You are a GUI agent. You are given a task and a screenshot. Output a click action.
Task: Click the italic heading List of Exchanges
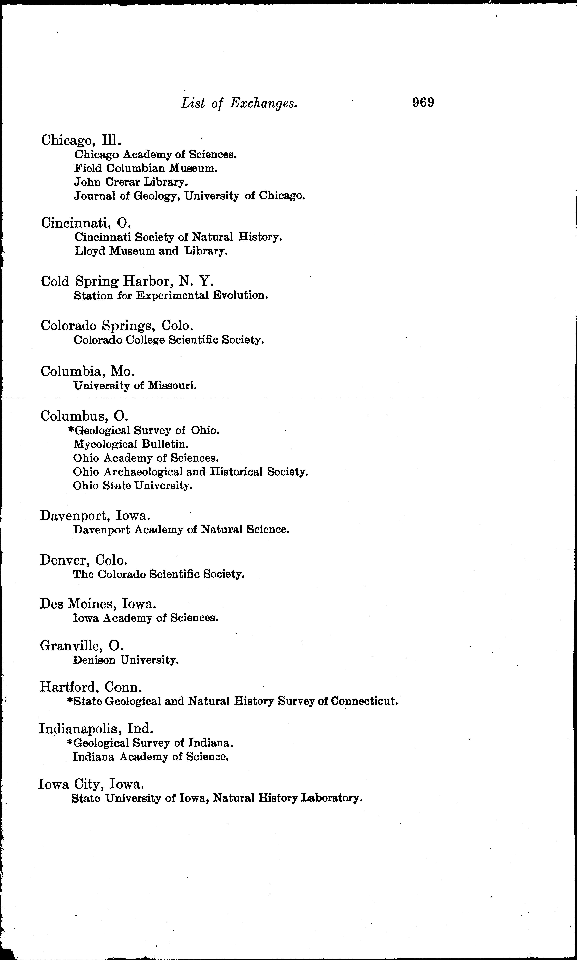(239, 103)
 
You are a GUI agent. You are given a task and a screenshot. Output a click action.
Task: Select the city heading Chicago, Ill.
(82, 140)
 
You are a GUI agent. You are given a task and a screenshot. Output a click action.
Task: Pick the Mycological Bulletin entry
(131, 444)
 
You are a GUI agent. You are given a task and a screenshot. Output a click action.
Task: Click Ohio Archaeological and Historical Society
(191, 472)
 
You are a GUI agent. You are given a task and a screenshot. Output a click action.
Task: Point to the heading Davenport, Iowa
(95, 516)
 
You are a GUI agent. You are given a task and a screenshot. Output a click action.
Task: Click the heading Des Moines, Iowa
(98, 604)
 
